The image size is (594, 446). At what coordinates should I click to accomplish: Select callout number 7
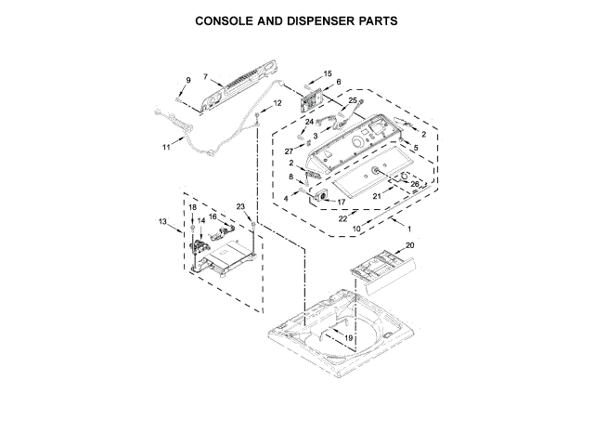(206, 77)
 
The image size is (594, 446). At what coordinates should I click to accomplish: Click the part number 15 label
(328, 73)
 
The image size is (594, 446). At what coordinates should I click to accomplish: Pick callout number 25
(352, 99)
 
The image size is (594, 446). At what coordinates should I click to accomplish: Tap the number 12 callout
(277, 103)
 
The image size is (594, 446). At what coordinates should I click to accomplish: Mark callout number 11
(166, 147)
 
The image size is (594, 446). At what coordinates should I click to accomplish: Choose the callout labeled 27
(289, 151)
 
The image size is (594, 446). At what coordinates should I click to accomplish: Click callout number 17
(341, 202)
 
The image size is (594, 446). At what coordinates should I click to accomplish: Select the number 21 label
(377, 196)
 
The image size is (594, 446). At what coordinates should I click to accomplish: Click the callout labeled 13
(162, 222)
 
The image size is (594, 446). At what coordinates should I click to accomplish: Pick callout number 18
(193, 207)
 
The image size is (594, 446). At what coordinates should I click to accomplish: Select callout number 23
(240, 206)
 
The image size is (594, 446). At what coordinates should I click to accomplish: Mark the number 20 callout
(409, 246)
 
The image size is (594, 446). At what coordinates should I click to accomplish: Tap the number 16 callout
(213, 216)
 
